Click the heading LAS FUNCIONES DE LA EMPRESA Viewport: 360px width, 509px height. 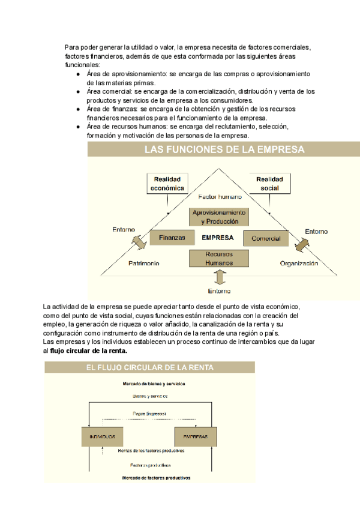tap(224, 150)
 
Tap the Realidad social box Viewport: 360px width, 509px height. tap(269, 184)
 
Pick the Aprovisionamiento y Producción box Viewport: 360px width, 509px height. tap(219, 217)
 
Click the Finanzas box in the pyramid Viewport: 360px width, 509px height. tap(172, 238)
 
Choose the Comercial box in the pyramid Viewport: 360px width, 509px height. tap(266, 238)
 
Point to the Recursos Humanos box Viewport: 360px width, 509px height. tap(219, 259)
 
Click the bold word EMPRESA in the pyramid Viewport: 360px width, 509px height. tap(218, 238)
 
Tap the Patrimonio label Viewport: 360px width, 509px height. tap(143, 264)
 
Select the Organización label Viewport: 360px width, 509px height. tap(298, 264)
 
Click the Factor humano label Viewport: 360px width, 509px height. tap(220, 197)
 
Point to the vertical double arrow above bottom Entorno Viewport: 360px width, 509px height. tap(220, 277)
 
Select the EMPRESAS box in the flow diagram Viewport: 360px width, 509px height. tap(192, 436)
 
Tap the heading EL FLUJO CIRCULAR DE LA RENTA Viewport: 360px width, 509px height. tap(150, 367)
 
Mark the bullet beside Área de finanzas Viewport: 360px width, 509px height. tap(79, 110)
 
